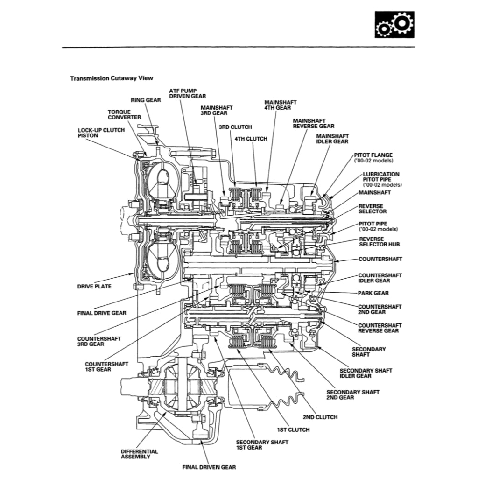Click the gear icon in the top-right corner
click(394, 25)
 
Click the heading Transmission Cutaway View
click(112, 78)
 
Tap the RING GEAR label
click(146, 100)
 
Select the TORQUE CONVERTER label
click(124, 114)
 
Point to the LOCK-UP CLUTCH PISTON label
click(101, 133)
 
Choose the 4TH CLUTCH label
click(251, 139)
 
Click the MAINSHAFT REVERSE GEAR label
click(313, 123)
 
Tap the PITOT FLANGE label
click(373, 155)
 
